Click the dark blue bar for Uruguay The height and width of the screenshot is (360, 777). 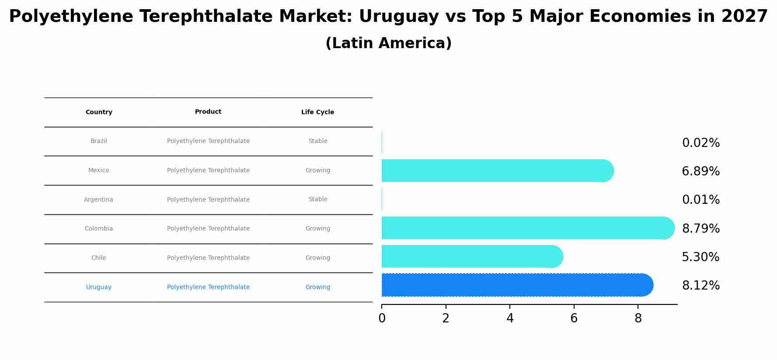tap(516, 285)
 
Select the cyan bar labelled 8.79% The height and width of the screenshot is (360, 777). tap(527, 228)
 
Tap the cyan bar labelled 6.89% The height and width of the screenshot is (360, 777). tap(496, 171)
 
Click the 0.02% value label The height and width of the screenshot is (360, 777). tap(700, 143)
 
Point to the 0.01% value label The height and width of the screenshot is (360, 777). tap(700, 200)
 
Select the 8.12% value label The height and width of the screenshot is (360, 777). tap(700, 286)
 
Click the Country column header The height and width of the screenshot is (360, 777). tap(99, 112)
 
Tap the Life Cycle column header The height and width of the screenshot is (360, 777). tap(317, 112)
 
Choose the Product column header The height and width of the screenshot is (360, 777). tap(208, 112)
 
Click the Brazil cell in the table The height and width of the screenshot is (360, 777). tap(99, 141)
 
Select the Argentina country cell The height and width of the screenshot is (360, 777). tap(98, 200)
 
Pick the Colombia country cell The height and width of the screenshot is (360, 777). tap(99, 229)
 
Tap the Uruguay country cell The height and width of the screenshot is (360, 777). tap(99, 287)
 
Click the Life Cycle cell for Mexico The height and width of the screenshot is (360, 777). tap(317, 171)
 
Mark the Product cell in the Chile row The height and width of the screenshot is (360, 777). tap(208, 258)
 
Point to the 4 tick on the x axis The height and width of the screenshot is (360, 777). tap(510, 318)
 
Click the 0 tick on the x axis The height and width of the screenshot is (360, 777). tap(382, 318)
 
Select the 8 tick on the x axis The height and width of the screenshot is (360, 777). tap(638, 318)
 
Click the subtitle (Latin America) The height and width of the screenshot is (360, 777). tap(388, 43)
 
